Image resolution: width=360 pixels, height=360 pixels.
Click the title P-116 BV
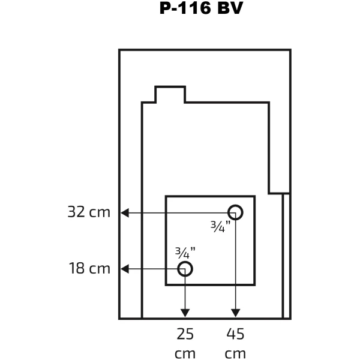pos(201,8)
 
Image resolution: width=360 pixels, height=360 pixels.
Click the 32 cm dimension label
pos(89,212)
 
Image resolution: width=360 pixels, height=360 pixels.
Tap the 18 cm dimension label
pos(89,268)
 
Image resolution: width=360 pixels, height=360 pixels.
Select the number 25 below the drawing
pos(185,334)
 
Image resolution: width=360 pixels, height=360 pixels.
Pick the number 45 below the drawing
pos(235,334)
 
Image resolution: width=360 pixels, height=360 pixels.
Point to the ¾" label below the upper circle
pos(220,226)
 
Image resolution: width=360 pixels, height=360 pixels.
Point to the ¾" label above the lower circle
pos(185,253)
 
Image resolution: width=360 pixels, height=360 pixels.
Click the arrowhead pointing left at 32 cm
pos(125,212)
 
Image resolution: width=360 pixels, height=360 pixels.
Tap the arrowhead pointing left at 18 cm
pos(125,269)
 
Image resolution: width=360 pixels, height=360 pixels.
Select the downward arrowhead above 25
pos(185,313)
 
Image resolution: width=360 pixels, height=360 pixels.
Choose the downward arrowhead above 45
pos(236,313)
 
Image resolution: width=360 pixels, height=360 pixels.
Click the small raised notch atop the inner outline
pos(170,87)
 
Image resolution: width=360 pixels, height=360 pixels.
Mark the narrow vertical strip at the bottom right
pos(287,256)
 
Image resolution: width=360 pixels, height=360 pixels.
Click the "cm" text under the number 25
pos(185,354)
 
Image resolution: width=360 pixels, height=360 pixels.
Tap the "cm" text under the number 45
pos(235,354)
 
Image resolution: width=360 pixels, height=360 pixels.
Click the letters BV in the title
pos(230,8)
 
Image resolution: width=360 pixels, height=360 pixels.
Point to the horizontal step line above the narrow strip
pos(279,194)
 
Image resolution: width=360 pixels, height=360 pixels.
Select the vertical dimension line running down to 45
pos(236,265)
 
